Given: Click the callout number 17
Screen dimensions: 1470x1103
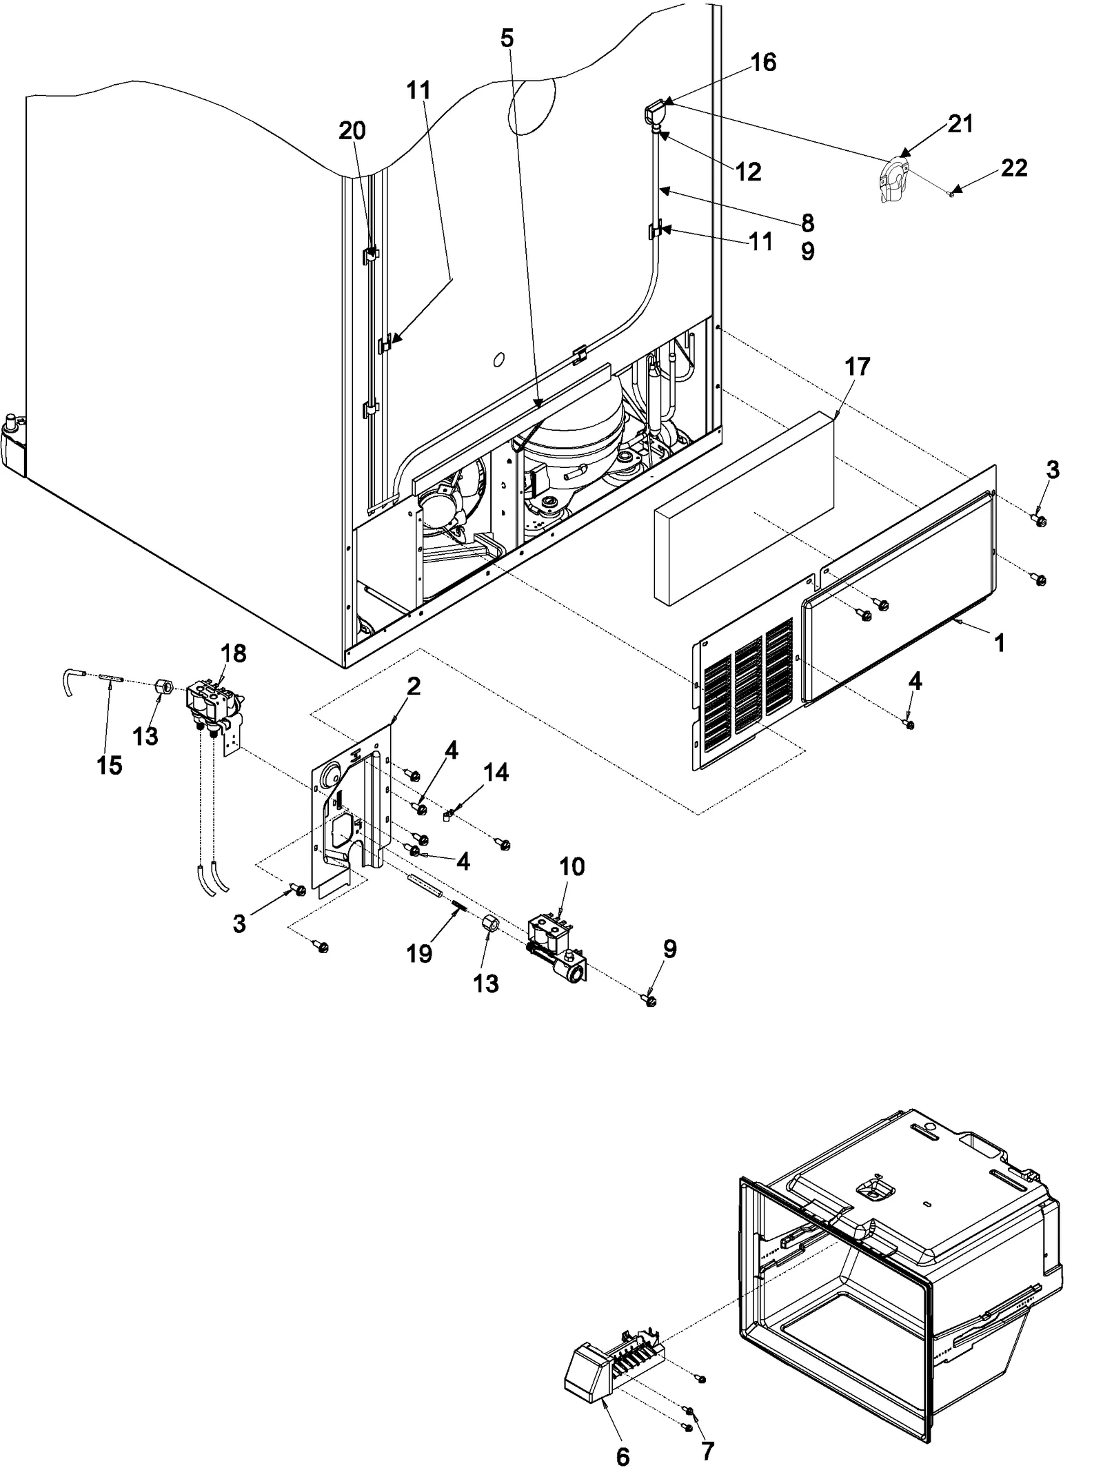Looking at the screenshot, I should (858, 367).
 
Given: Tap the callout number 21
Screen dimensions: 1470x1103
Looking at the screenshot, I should (960, 124).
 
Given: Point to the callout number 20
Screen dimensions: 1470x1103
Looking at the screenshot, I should (352, 130).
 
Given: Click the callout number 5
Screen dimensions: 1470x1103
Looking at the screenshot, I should (507, 39).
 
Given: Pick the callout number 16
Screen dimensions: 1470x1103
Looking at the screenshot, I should (763, 63).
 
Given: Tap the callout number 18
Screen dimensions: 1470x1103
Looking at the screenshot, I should (233, 653).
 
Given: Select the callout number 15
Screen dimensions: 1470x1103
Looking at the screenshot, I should (110, 765).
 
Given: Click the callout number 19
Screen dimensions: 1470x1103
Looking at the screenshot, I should (419, 954).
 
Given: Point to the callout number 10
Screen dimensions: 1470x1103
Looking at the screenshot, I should (572, 866).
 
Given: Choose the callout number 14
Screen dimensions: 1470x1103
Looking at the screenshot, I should (496, 773).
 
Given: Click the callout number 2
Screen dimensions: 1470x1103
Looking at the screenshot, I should (413, 686).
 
